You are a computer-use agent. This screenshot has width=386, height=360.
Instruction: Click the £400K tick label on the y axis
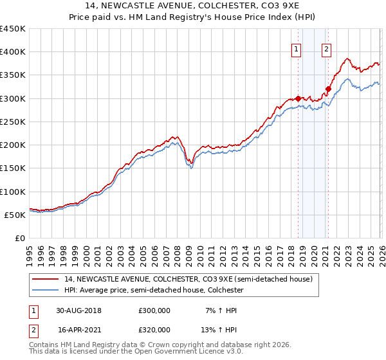click(13, 52)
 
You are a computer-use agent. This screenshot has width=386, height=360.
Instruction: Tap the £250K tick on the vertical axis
click(13, 122)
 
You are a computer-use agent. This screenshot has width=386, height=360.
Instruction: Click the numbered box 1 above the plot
click(297, 48)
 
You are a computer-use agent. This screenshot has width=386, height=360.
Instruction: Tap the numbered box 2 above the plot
click(326, 48)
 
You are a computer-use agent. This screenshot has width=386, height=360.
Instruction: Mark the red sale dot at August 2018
click(298, 98)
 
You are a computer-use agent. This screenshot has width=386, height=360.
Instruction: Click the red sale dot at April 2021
click(328, 89)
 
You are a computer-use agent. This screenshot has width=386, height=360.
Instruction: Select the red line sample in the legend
click(46, 279)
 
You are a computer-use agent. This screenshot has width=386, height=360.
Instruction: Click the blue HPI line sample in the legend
click(46, 290)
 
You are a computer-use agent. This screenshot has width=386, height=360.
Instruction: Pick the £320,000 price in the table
click(154, 329)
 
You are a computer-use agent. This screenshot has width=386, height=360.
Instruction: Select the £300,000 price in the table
click(154, 310)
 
